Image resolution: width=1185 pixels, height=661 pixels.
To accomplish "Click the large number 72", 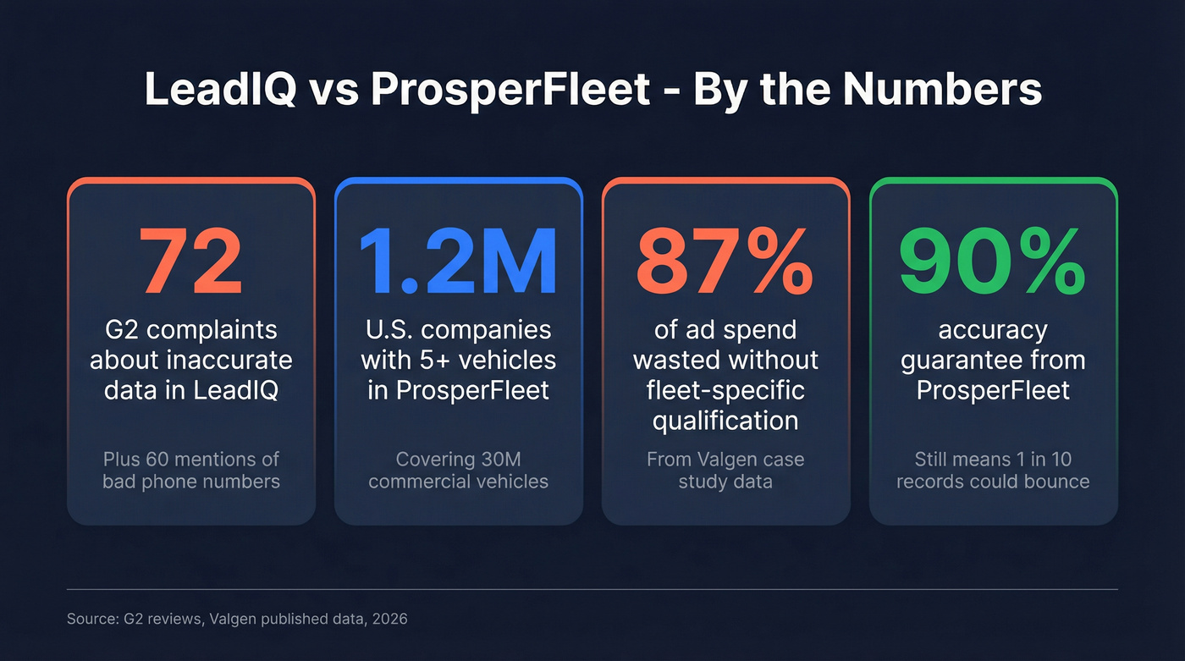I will tap(190, 262).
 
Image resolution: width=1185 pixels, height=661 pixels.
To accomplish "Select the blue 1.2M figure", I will tap(458, 262).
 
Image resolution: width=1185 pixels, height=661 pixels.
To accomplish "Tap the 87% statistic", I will tap(725, 262).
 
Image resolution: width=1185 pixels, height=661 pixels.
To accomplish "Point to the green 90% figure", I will tap(993, 262).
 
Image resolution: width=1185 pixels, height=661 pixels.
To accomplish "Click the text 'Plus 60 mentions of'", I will tap(190, 460).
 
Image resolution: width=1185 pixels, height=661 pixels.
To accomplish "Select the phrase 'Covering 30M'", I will tap(458, 460).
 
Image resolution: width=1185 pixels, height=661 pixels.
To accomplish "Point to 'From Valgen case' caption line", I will tap(725, 460).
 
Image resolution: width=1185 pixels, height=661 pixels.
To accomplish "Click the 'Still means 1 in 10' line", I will tap(993, 460).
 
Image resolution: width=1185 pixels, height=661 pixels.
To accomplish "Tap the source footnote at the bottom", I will tap(237, 619).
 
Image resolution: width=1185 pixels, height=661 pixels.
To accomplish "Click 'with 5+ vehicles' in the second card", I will tap(458, 360).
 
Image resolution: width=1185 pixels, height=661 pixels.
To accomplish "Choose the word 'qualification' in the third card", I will tap(725, 420).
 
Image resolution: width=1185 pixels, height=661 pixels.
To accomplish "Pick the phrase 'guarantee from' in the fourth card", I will tap(993, 360).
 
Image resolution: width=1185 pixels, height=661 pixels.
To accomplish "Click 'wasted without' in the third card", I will tap(725, 360).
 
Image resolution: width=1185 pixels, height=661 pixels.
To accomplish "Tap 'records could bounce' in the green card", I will tap(993, 482).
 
